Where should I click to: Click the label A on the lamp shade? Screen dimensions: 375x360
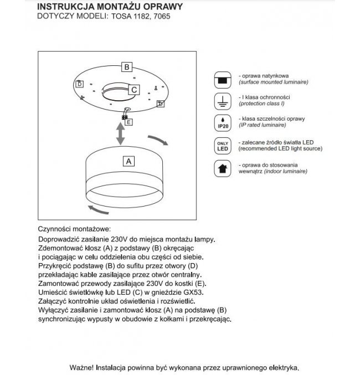coord(128,161)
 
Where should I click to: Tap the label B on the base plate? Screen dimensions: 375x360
coord(126,67)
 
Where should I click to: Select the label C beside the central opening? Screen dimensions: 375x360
coord(135,89)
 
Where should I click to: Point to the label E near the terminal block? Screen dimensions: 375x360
coord(128,122)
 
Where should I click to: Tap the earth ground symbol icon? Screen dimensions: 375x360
coord(222,101)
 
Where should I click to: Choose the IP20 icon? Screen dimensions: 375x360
coord(222,122)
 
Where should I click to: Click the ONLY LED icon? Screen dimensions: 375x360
coord(222,146)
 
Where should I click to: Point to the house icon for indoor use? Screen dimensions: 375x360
coord(222,168)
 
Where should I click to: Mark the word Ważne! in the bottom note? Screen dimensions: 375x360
coord(82,367)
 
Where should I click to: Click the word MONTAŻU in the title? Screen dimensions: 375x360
coord(114,6)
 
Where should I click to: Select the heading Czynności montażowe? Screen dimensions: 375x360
coord(74,229)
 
